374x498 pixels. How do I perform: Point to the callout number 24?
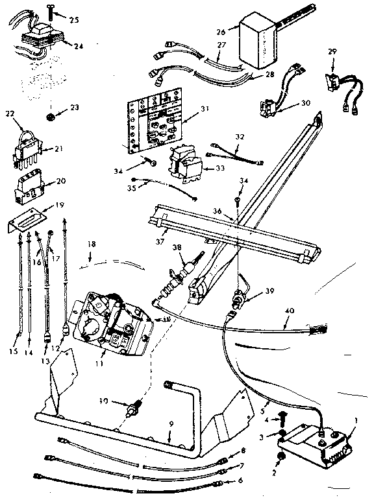click(79, 46)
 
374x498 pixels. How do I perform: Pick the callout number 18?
click(92, 244)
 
